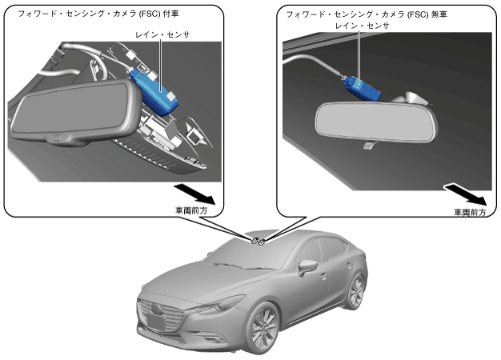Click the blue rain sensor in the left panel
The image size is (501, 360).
pos(158,90)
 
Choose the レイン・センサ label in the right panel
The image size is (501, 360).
pos(363,26)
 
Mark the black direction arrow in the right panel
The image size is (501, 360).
pos(467,194)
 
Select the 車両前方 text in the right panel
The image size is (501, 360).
pos(470,213)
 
